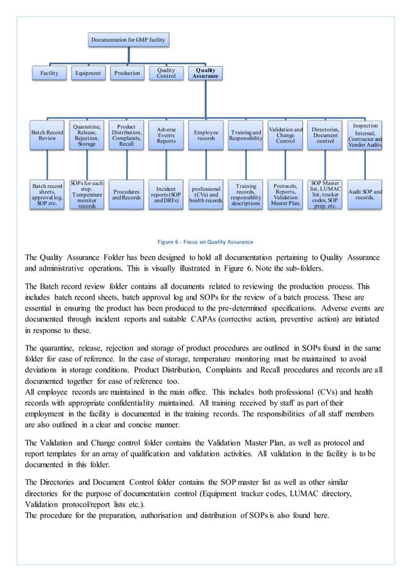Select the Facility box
click(49, 73)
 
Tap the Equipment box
click(88, 73)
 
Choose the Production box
click(127, 73)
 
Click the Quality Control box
click(166, 73)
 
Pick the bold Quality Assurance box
click(205, 73)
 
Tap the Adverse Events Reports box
click(166, 135)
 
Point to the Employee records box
click(205, 135)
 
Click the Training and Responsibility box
click(245, 135)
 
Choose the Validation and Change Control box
click(285, 135)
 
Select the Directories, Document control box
click(325, 135)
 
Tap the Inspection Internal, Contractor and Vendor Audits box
click(365, 135)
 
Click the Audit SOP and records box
click(365, 195)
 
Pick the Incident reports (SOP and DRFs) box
click(166, 195)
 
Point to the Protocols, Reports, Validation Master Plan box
click(285, 195)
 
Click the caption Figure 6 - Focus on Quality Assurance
click(205, 242)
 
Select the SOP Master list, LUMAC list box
click(325, 195)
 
